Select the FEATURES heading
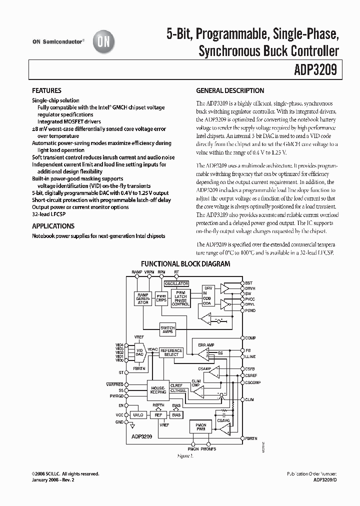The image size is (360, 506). pyautogui.click(x=46, y=91)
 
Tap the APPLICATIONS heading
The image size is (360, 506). pyautogui.click(x=53, y=226)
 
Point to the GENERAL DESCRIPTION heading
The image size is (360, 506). pyautogui.click(x=230, y=91)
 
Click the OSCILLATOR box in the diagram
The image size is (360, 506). pyautogui.click(x=176, y=283)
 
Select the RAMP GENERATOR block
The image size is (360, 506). pyautogui.click(x=143, y=298)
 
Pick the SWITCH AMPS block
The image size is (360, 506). pyautogui.click(x=168, y=330)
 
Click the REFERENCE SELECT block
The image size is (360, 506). pyautogui.click(x=171, y=352)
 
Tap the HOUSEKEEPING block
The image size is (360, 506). pyautogui.click(x=158, y=390)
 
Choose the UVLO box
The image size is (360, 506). pyautogui.click(x=137, y=415)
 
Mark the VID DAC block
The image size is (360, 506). pyautogui.click(x=139, y=352)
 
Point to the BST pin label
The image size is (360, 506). pyautogui.click(x=248, y=283)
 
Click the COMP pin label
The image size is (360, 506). pyautogui.click(x=250, y=338)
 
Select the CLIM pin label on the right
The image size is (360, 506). pyautogui.click(x=250, y=400)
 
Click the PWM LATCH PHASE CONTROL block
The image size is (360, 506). pyautogui.click(x=180, y=298)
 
